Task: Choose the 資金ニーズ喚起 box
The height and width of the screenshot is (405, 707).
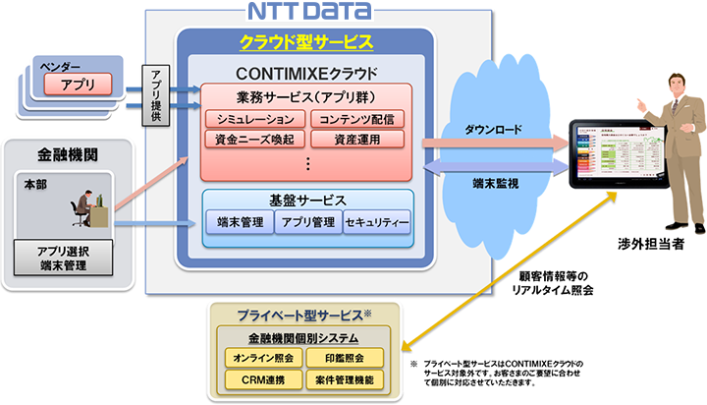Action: (254, 139)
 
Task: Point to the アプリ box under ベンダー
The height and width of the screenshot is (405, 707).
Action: (79, 86)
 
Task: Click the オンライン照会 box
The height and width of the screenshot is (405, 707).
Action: (262, 357)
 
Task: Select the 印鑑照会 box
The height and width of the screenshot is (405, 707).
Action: (342, 357)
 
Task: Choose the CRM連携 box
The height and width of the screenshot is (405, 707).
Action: (262, 377)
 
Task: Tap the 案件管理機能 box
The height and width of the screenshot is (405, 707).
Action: (342, 377)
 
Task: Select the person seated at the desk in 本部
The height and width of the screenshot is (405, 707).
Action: (82, 208)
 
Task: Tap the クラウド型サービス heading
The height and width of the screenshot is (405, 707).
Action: (305, 42)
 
